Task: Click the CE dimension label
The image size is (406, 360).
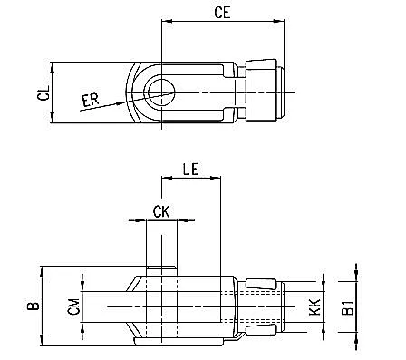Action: coord(222,13)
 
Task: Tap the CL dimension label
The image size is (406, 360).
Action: coord(43,92)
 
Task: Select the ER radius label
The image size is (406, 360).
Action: coord(91,100)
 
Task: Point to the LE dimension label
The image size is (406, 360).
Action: coord(191,170)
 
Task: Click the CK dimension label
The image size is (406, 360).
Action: coord(161,211)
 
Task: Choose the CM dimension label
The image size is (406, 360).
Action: coord(73,306)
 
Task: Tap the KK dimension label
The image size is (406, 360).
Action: coord(315,307)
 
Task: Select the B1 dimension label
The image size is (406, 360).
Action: coord(349,307)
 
